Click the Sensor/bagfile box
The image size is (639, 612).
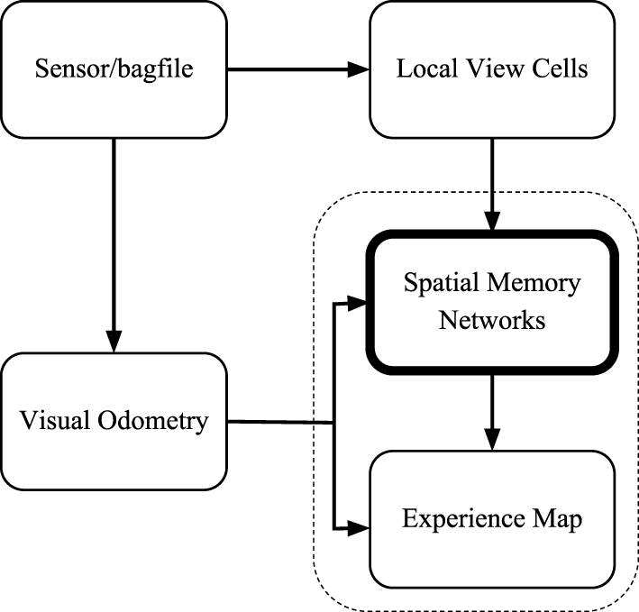coord(114,69)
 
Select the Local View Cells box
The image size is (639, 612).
coord(491,69)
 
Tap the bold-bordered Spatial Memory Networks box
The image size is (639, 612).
coord(491,302)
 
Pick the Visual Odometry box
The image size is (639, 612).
coord(114,421)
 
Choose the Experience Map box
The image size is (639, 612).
coord(491,518)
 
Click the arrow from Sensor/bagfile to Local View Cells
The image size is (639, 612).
coord(297,69)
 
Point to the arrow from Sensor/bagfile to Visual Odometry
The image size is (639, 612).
coord(114,243)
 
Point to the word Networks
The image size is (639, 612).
coord(491,320)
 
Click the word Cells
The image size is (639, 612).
coord(559,69)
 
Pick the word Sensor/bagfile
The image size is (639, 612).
coord(114,69)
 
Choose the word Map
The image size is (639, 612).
coord(559,519)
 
